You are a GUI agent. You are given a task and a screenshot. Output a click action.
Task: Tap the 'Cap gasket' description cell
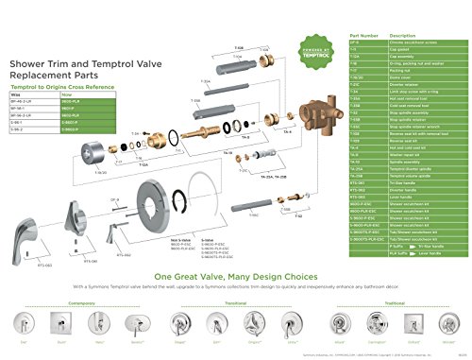[397, 50]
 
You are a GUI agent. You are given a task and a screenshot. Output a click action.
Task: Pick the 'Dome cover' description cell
[397, 77]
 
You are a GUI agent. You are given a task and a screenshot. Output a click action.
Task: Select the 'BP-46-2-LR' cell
[21, 100]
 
